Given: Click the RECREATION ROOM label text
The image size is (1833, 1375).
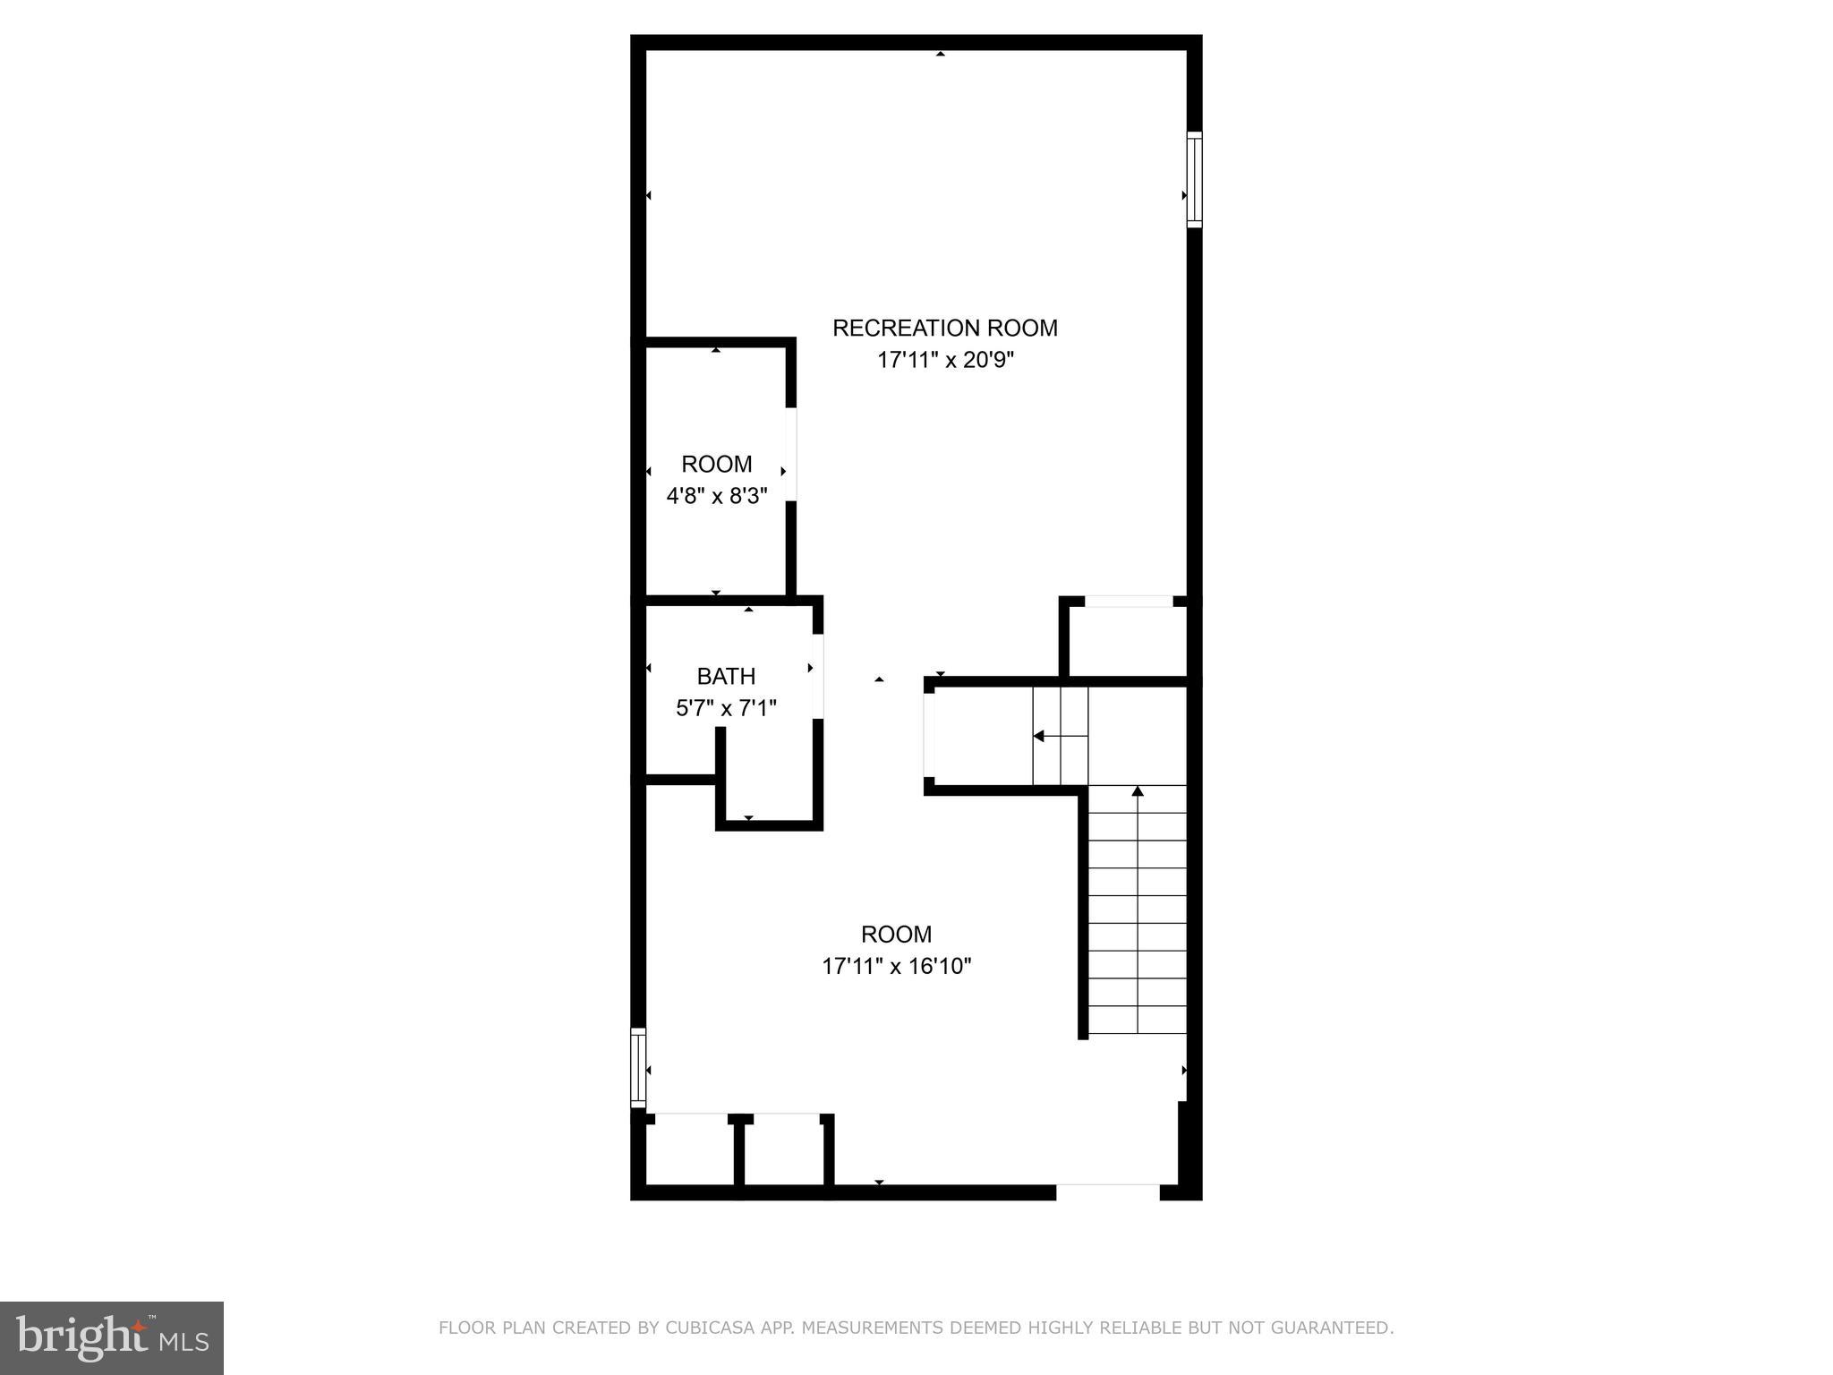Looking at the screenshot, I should (944, 328).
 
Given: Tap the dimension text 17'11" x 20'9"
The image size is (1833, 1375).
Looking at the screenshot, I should (944, 360).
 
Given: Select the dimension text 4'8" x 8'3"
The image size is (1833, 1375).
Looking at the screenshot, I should (717, 495).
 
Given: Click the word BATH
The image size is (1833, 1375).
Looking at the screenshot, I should (726, 676).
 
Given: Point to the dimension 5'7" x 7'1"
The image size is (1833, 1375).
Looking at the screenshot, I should (726, 708).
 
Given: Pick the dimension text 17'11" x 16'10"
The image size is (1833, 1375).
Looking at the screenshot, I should (896, 966).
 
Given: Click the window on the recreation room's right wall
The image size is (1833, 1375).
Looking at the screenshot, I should (1194, 179).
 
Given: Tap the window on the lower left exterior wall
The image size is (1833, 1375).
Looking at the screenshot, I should (638, 1067).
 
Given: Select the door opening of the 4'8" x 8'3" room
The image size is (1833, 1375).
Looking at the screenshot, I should (791, 455).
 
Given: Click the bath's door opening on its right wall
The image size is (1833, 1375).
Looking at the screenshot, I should (818, 676).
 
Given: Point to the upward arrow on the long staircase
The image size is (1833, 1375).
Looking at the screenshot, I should (1138, 792).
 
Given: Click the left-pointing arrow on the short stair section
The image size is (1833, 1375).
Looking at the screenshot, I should (1039, 736).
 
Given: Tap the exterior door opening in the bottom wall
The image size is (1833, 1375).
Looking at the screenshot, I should (1108, 1191).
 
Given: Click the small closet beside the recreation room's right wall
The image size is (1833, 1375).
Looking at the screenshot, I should (1128, 640).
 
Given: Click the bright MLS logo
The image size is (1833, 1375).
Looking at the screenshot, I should (112, 1337).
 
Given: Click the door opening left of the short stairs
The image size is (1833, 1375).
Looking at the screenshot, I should (929, 735).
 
